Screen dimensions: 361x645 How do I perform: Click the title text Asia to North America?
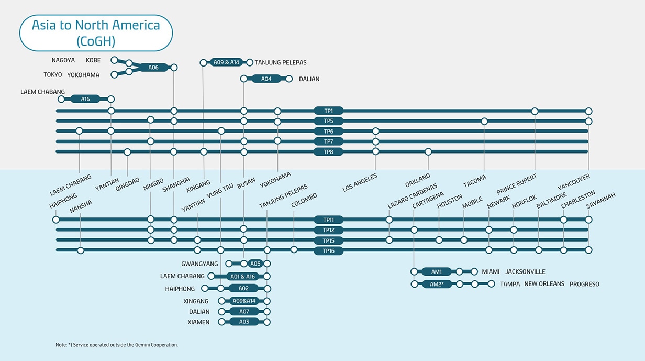pyautogui.click(x=95, y=26)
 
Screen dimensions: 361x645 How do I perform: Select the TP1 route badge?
pyautogui.click(x=328, y=111)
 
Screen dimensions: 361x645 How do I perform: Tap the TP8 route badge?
pyautogui.click(x=328, y=152)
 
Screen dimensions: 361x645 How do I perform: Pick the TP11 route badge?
pyautogui.click(x=328, y=220)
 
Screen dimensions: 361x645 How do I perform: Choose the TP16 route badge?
pyautogui.click(x=328, y=251)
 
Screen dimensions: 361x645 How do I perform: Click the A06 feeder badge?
pyautogui.click(x=153, y=68)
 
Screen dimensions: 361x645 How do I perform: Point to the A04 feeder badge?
pyautogui.click(x=266, y=79)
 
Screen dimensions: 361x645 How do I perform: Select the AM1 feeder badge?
pyautogui.click(x=436, y=271)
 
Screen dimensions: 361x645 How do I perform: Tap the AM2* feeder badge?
pyautogui.click(x=436, y=284)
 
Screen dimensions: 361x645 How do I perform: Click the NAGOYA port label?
pyautogui.click(x=63, y=60)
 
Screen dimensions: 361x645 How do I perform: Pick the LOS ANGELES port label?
pyautogui.click(x=360, y=183)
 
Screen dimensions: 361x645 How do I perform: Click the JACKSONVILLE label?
pyautogui.click(x=525, y=271)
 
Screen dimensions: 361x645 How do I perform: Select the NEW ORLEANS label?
pyautogui.click(x=544, y=284)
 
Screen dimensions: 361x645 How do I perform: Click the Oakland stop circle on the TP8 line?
pyautogui.click(x=428, y=152)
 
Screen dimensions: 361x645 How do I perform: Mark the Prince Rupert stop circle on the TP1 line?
pyautogui.click(x=535, y=111)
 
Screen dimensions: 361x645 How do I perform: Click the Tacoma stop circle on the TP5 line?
pyautogui.click(x=484, y=122)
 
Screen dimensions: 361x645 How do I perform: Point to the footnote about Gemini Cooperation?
pyautogui.click(x=116, y=345)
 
